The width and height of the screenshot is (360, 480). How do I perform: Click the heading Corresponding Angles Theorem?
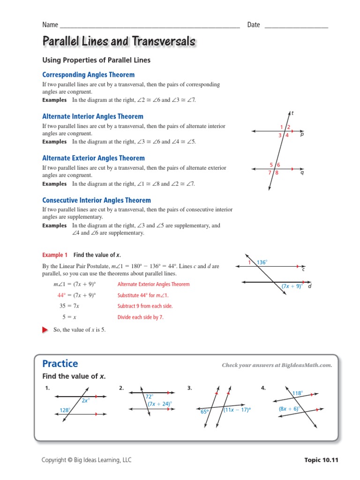[88, 75]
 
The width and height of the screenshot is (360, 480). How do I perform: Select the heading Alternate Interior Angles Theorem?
[93, 116]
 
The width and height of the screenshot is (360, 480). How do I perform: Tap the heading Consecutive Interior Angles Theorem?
[97, 200]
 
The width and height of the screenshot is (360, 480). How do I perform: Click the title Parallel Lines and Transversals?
[119, 42]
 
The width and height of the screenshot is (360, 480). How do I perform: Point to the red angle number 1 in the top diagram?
[282, 127]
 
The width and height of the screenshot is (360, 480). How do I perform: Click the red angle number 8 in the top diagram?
[277, 173]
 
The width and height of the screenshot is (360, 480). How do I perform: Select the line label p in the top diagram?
[302, 134]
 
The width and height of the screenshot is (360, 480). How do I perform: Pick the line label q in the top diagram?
[302, 172]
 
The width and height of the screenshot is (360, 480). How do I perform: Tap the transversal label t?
[292, 113]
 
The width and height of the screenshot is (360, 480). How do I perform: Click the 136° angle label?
[262, 262]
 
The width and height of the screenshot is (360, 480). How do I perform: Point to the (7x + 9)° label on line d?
[292, 286]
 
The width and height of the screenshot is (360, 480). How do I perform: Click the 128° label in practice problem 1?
[65, 410]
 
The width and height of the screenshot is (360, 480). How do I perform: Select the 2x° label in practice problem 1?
[85, 400]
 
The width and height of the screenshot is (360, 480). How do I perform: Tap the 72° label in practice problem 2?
[150, 396]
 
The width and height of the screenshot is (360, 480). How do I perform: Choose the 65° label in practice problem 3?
[205, 412]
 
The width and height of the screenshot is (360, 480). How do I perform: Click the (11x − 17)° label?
[237, 409]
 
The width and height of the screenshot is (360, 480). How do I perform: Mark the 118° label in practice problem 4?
[298, 393]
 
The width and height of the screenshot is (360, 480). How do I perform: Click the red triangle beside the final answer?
[45, 330]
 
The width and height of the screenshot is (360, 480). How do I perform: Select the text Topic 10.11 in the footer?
[321, 460]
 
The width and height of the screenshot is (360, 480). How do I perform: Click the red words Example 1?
[55, 255]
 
